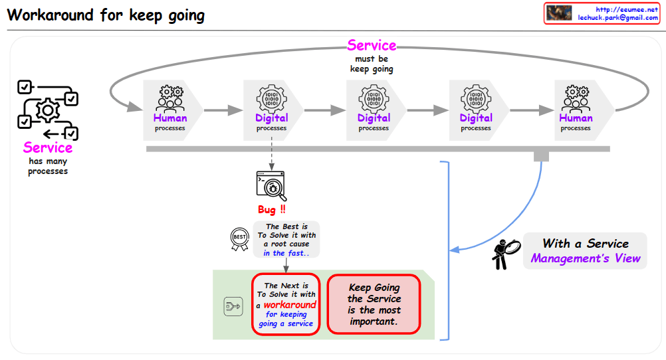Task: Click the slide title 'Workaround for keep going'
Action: point(106,15)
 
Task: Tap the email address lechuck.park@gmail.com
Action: point(617,18)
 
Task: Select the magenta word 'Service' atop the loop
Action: point(372,46)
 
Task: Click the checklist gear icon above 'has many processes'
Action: point(47,110)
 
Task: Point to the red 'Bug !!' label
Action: point(271,210)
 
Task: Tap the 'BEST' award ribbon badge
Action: point(239,238)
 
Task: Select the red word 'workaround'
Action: point(290,305)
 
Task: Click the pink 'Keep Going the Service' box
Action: point(374,304)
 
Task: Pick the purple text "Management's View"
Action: point(585,258)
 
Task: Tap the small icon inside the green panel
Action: point(233,306)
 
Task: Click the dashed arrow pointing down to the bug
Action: point(271,155)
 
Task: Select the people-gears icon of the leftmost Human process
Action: point(169,98)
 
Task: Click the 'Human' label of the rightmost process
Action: point(576,118)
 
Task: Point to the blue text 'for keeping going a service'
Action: point(286,319)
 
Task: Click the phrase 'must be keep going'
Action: point(372,64)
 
